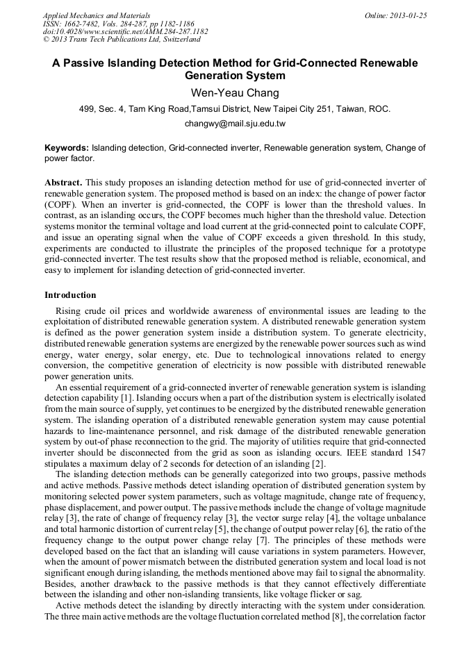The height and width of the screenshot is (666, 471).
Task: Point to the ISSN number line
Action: click(x=119, y=24)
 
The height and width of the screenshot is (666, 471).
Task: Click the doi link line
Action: click(x=125, y=32)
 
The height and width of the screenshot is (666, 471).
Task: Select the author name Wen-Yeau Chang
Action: click(x=235, y=92)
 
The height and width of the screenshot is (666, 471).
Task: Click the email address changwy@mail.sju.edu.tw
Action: click(x=235, y=124)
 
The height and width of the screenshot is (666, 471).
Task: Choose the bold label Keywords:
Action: click(x=67, y=148)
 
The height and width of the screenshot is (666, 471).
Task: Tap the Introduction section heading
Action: click(x=70, y=295)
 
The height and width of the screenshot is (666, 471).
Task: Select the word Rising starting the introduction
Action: click(x=69, y=311)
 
